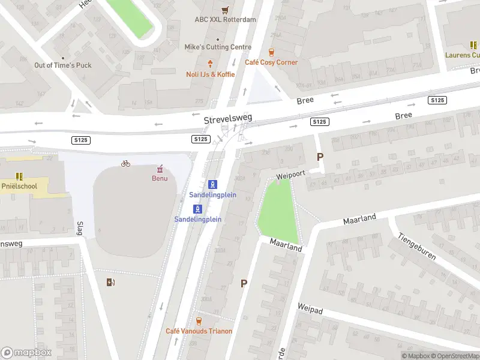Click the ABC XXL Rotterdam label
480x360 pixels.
(x=225, y=19)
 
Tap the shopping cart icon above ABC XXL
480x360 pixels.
(x=225, y=10)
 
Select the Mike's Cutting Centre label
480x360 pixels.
(x=218, y=47)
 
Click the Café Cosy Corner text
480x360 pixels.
(x=271, y=62)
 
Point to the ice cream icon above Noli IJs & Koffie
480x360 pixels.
(x=210, y=64)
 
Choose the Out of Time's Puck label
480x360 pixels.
(x=63, y=65)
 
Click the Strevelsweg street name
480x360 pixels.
(x=227, y=119)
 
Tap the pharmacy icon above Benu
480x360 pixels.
(x=160, y=169)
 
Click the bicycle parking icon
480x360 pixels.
(x=125, y=163)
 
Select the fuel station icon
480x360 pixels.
(x=110, y=282)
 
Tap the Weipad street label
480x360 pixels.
(x=310, y=316)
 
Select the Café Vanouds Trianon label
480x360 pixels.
(x=199, y=331)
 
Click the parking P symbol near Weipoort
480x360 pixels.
(x=320, y=157)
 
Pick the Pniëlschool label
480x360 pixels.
(x=19, y=186)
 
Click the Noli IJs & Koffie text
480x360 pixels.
(x=210, y=74)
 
